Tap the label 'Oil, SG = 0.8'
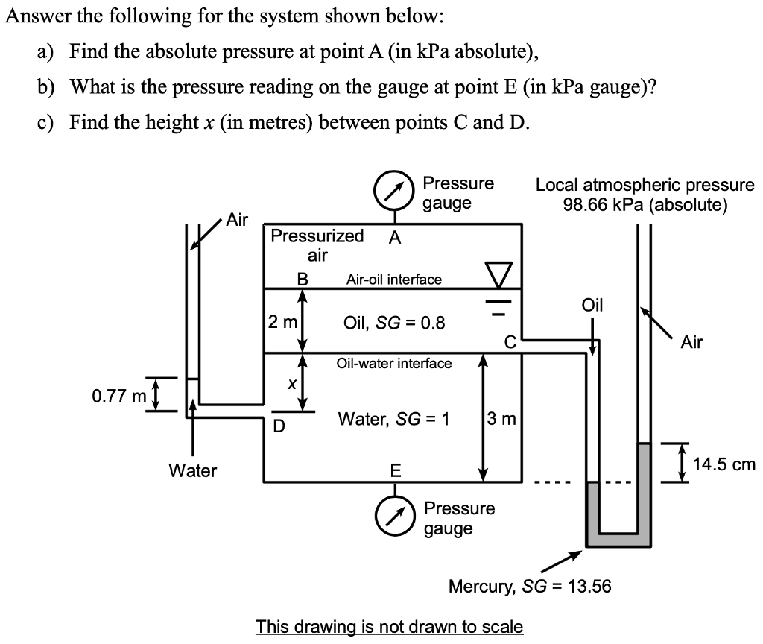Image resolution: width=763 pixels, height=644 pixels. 394,323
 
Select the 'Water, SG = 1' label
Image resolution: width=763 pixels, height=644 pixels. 393,419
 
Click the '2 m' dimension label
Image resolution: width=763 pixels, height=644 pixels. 282,323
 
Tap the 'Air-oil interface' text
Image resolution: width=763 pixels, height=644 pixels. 393,280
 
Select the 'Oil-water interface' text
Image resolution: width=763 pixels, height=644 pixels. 393,363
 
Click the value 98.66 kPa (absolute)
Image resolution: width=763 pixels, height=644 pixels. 645,204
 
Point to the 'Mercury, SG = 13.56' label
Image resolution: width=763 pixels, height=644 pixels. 529,586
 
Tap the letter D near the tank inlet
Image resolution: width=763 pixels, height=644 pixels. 278,427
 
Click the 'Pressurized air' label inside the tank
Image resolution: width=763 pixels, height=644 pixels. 317,245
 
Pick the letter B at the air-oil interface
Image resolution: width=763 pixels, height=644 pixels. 302,280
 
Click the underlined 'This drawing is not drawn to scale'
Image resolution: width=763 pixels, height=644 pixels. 389,626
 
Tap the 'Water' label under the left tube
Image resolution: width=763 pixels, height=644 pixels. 192,470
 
